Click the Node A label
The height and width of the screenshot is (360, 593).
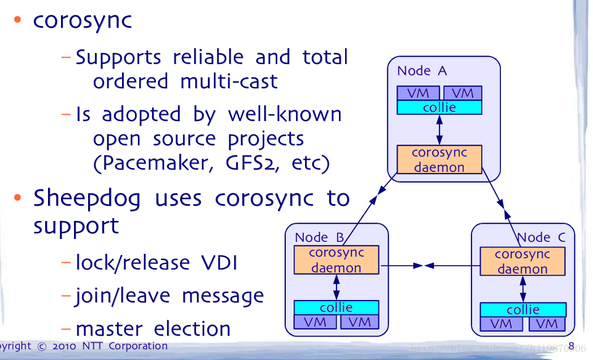click(422, 71)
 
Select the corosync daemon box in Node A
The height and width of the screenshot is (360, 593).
click(439, 159)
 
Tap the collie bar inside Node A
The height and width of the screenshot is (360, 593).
click(439, 107)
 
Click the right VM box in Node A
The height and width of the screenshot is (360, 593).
click(462, 93)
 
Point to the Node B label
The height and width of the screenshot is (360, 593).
click(320, 237)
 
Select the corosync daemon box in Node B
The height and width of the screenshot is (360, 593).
click(336, 260)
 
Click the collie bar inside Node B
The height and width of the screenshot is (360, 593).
click(336, 307)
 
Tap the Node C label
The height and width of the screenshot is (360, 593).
click(541, 237)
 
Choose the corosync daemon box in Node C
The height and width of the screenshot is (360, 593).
click(522, 261)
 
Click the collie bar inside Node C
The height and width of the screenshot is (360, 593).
click(522, 310)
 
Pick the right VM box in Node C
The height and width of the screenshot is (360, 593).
click(546, 324)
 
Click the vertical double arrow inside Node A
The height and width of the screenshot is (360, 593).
click(439, 130)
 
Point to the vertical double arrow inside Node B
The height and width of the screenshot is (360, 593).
click(337, 287)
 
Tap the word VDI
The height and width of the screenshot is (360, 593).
click(219, 263)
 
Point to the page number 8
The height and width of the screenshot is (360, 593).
click(571, 346)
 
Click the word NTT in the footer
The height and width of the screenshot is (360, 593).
click(93, 346)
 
